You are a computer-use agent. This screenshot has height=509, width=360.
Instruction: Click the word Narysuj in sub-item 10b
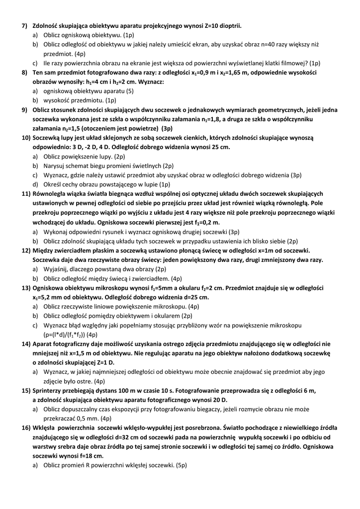[x=56, y=166]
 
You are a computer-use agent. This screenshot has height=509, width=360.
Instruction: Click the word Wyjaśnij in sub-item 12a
[x=56, y=269]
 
